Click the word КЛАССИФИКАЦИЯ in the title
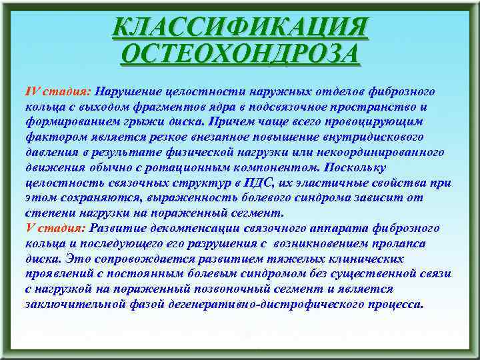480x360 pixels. click(240, 27)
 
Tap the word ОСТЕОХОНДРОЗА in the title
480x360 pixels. click(240, 53)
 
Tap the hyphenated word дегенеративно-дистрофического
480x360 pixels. click(260, 305)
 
